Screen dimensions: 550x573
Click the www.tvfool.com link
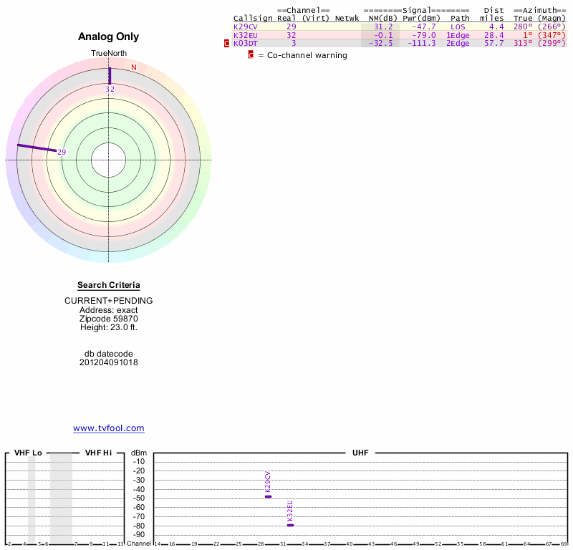click(109, 428)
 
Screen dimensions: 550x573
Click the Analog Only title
click(109, 37)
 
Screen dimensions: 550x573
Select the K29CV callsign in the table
click(246, 26)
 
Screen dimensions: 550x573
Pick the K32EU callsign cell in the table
click(246, 35)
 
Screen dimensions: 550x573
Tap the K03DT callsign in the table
click(246, 44)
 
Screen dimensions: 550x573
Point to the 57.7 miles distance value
click(493, 44)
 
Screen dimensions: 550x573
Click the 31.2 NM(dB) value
click(383, 26)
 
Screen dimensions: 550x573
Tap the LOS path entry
click(458, 26)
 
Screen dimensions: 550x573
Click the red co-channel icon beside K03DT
click(227, 44)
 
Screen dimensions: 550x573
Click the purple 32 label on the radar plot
click(110, 89)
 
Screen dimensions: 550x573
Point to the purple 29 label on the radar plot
click(62, 152)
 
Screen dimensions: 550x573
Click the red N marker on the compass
click(133, 67)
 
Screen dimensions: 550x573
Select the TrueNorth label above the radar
click(108, 54)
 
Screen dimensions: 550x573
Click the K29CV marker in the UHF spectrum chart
click(268, 496)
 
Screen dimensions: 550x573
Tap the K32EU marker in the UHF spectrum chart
click(290, 525)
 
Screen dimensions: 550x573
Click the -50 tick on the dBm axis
click(139, 498)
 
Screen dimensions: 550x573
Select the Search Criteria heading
click(109, 285)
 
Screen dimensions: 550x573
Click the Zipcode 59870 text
click(109, 319)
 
